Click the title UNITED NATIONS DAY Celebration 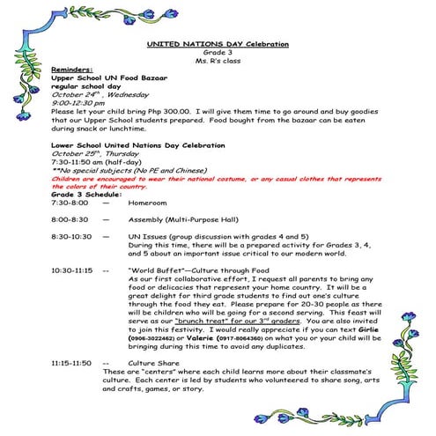coord(217,44)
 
